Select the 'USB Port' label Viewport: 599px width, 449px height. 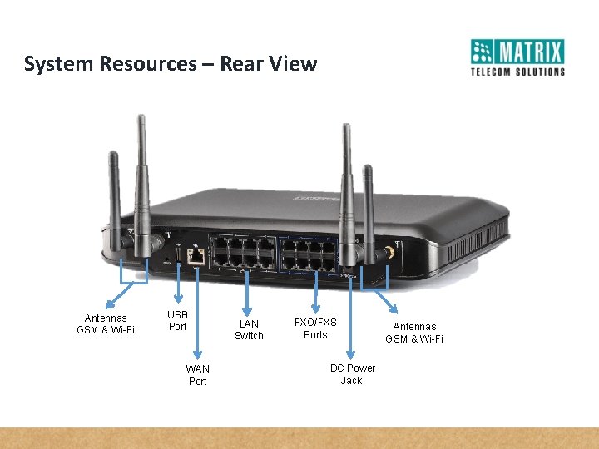point(177,320)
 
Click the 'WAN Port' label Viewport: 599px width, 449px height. point(198,374)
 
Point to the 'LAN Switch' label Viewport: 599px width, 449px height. point(249,329)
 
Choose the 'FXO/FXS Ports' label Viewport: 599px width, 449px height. point(315,328)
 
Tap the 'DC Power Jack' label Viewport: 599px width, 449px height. point(352,374)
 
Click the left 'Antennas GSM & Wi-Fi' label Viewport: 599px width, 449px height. point(106,323)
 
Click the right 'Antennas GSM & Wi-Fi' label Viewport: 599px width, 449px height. point(414,333)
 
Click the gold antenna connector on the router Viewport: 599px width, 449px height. point(388,254)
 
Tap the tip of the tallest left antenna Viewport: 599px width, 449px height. point(142,119)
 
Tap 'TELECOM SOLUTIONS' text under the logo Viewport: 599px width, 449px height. point(517,72)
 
